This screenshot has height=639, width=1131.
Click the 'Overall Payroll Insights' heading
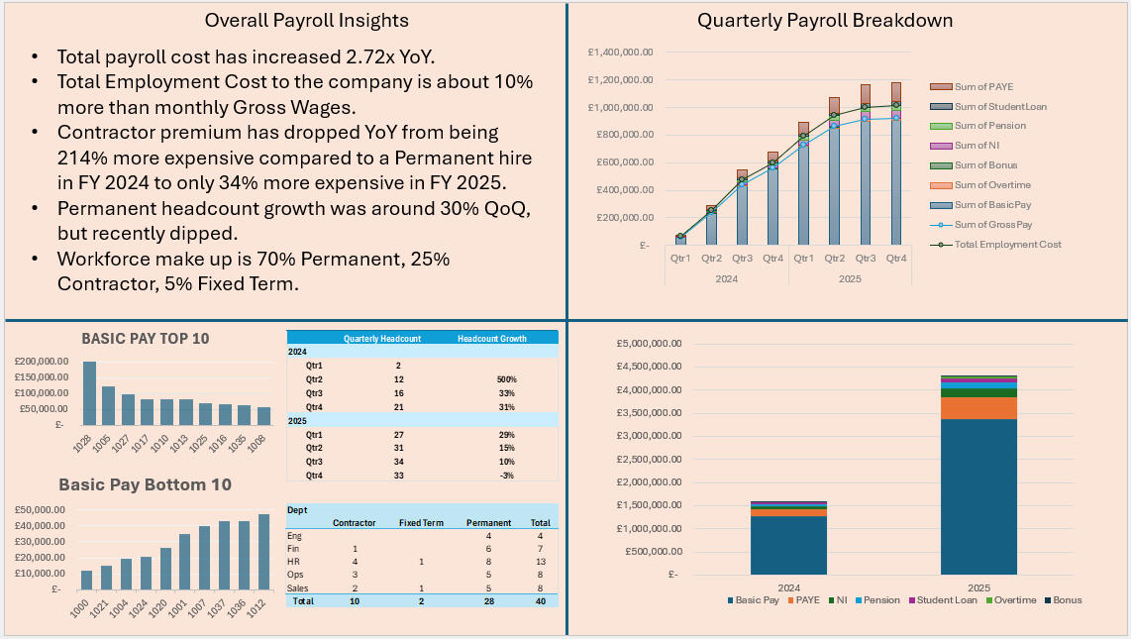tap(306, 20)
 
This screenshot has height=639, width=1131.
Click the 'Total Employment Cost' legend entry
tap(1007, 244)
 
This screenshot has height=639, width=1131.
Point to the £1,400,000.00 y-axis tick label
tap(619, 53)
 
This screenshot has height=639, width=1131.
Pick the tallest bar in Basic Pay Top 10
tap(89, 392)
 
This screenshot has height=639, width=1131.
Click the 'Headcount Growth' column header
tap(492, 338)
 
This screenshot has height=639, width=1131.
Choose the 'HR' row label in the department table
tap(293, 561)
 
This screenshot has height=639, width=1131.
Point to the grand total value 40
tap(540, 600)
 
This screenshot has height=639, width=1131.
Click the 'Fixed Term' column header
tap(421, 522)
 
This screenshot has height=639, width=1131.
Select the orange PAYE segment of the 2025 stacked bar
tap(978, 407)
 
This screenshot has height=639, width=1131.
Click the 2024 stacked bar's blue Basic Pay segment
tap(788, 545)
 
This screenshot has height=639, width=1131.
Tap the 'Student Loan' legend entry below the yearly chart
tap(947, 599)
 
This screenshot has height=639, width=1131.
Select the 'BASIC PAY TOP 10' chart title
tap(146, 338)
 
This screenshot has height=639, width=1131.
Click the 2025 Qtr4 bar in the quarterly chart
tap(895, 178)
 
